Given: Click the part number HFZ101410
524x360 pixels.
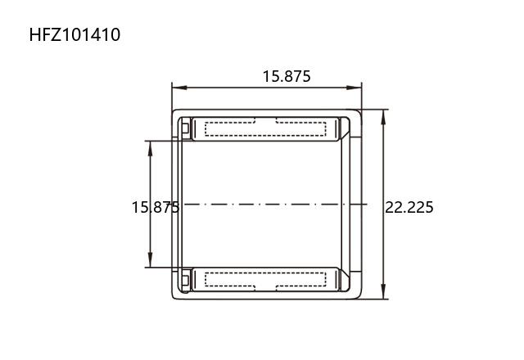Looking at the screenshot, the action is (75, 34).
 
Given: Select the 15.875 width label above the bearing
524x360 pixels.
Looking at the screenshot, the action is (287, 76).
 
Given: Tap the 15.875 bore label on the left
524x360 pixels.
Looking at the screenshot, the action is (156, 207).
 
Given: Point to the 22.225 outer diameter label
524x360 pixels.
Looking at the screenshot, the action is (409, 207).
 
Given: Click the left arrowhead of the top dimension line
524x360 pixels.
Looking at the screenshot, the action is (179, 88).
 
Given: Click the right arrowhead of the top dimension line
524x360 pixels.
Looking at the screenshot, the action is (355, 88).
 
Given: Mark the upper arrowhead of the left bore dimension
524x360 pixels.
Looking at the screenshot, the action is (150, 148).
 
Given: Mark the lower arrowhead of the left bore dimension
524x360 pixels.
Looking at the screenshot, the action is (150, 260).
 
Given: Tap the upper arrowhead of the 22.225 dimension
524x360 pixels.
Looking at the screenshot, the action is (383, 117).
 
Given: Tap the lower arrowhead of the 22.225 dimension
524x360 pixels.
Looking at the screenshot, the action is (383, 291).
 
